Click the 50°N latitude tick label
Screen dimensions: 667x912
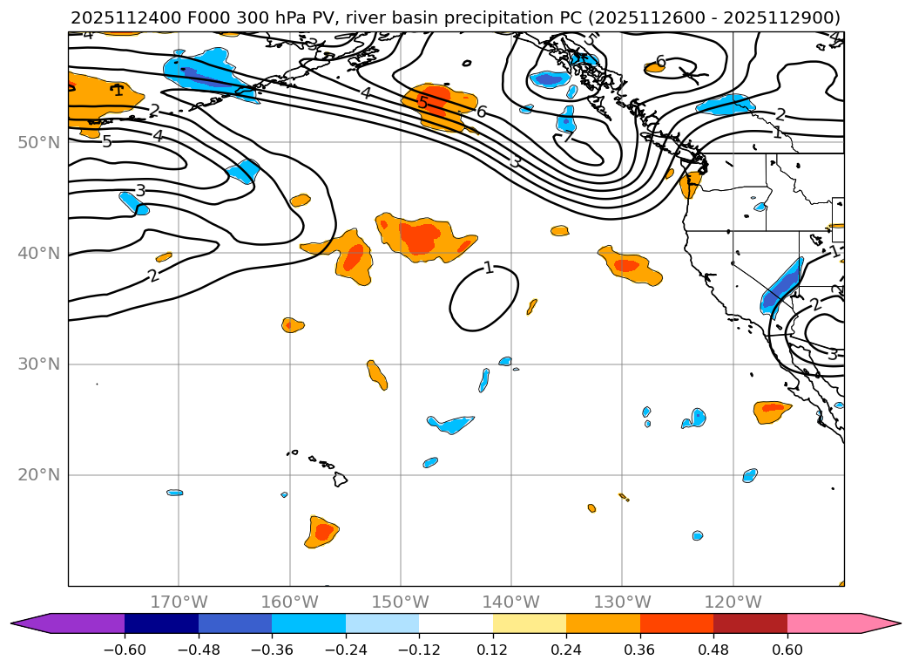coord(38,142)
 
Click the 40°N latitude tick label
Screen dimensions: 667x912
coord(38,253)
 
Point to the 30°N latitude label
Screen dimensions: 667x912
coord(38,364)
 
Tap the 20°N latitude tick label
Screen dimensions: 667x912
coord(38,475)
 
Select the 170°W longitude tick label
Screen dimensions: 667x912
coord(179,602)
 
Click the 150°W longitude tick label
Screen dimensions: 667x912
coord(400,602)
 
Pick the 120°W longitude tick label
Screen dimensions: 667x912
coord(733,602)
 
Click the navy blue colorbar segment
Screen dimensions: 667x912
coord(161,623)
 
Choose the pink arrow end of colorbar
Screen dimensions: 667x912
coord(884,623)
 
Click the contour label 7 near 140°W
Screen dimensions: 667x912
coord(567,137)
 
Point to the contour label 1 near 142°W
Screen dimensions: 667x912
coord(489,268)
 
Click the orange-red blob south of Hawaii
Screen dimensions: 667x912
coord(322,531)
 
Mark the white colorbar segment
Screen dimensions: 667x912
coord(456,623)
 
